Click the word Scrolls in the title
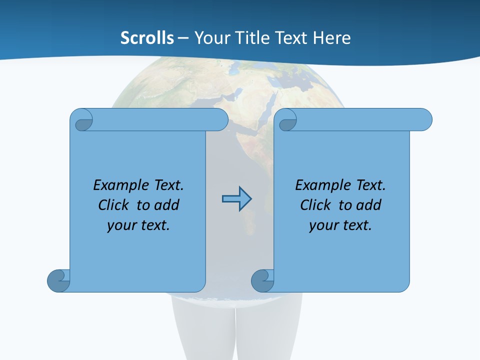pyautogui.click(x=147, y=38)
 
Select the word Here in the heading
pyautogui.click(x=332, y=38)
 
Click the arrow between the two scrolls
pyautogui.click(x=236, y=199)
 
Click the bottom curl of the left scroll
pyautogui.click(x=59, y=280)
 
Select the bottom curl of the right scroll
pyautogui.click(x=263, y=280)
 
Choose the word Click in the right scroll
pyautogui.click(x=316, y=205)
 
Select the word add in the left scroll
pyautogui.click(x=167, y=205)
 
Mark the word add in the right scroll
pyautogui.click(x=369, y=205)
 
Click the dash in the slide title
pyautogui.click(x=183, y=38)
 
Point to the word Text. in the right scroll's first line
pyautogui.click(x=370, y=185)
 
